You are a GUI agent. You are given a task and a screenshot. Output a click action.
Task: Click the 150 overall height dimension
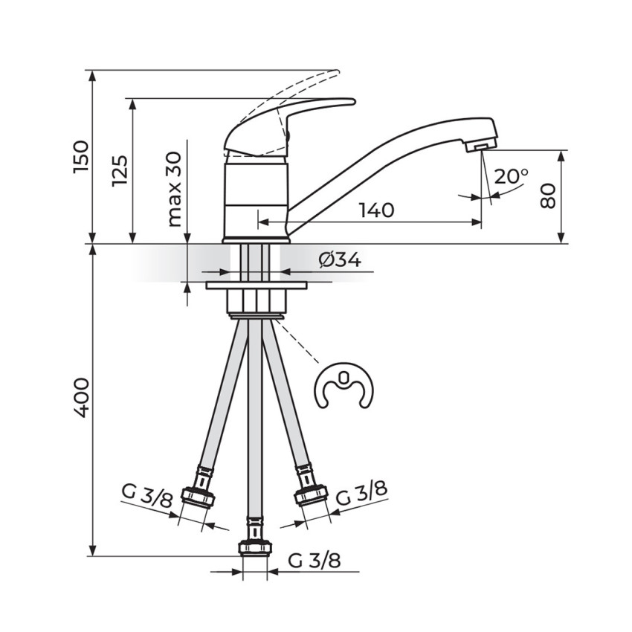80,157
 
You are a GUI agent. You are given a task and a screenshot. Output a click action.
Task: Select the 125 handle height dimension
120,170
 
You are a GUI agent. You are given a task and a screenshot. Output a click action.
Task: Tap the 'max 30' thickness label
175,189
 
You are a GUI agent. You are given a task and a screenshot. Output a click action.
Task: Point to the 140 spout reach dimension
376,210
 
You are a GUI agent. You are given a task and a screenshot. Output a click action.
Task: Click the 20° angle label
511,176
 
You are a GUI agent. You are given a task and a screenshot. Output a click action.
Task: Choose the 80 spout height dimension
548,196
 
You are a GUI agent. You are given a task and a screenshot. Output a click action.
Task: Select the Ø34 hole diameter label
340,260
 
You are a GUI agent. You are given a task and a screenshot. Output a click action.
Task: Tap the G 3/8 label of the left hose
147,497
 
